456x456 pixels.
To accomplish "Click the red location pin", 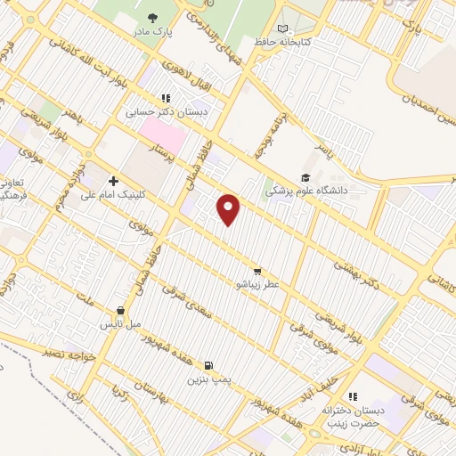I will pos(229,208).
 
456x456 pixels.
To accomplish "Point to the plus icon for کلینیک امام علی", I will pos(113,181).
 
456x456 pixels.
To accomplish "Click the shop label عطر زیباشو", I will pos(257,284).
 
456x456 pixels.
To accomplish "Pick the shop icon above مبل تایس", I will pos(116,313).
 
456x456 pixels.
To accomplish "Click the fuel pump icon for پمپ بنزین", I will pos(208,365).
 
